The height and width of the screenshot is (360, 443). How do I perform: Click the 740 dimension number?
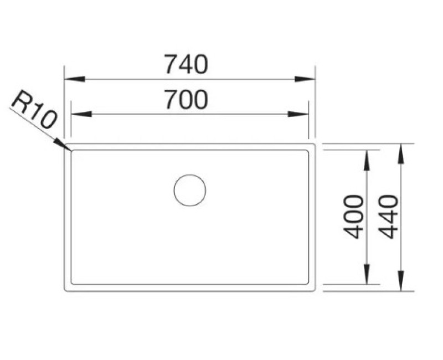click(x=186, y=64)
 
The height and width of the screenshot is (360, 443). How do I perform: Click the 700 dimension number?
click(x=186, y=99)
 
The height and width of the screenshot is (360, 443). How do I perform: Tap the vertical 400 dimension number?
click(x=353, y=217)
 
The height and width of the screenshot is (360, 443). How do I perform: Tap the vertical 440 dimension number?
click(x=388, y=217)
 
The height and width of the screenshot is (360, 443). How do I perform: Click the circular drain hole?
click(x=190, y=191)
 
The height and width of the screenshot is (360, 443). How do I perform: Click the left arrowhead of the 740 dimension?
click(x=75, y=79)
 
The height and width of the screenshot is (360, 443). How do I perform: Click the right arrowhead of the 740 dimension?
click(x=305, y=79)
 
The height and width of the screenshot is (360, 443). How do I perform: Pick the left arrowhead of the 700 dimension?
click(x=81, y=114)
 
